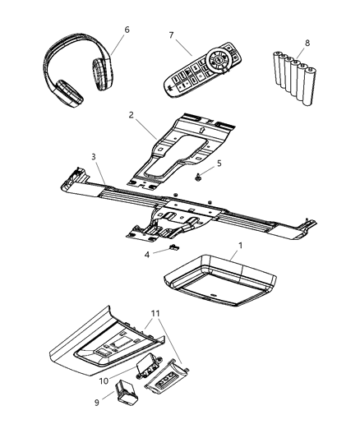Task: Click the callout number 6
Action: pyautogui.click(x=126, y=30)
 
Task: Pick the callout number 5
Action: pyautogui.click(x=218, y=164)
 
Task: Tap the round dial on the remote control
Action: pyautogui.click(x=219, y=61)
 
